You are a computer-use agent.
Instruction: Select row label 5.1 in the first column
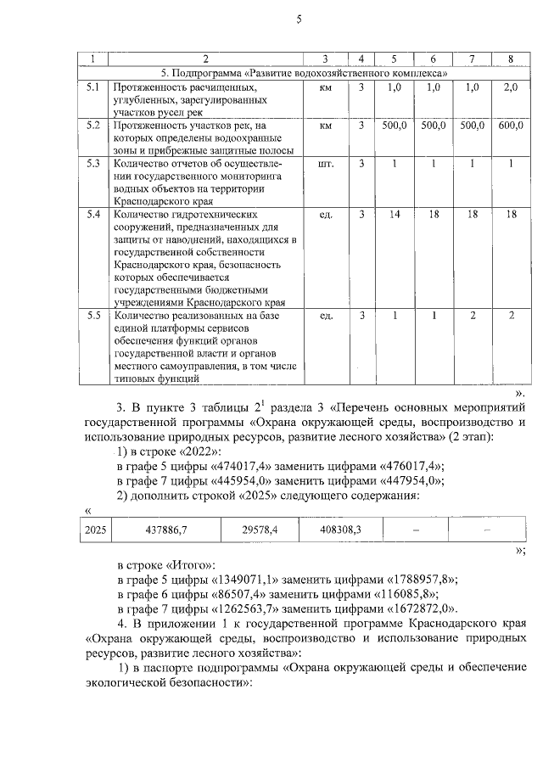pyautogui.click(x=93, y=87)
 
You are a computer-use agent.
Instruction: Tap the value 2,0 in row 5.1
pyautogui.click(x=510, y=87)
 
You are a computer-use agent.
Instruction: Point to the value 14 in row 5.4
pyautogui.click(x=394, y=215)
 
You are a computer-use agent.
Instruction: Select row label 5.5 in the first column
pyautogui.click(x=93, y=316)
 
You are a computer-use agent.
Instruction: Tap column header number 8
pyautogui.click(x=510, y=59)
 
